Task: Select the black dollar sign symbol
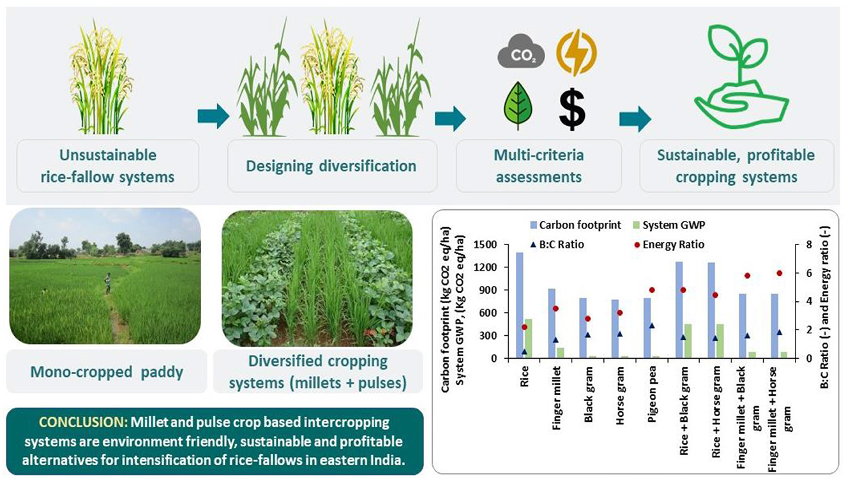[572, 107]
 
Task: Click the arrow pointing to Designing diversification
[213, 116]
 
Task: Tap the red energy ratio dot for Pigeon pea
[652, 290]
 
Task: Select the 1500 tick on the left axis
[487, 244]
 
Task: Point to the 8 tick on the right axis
[803, 244]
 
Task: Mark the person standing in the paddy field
[108, 283]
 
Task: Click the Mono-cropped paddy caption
[106, 371]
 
